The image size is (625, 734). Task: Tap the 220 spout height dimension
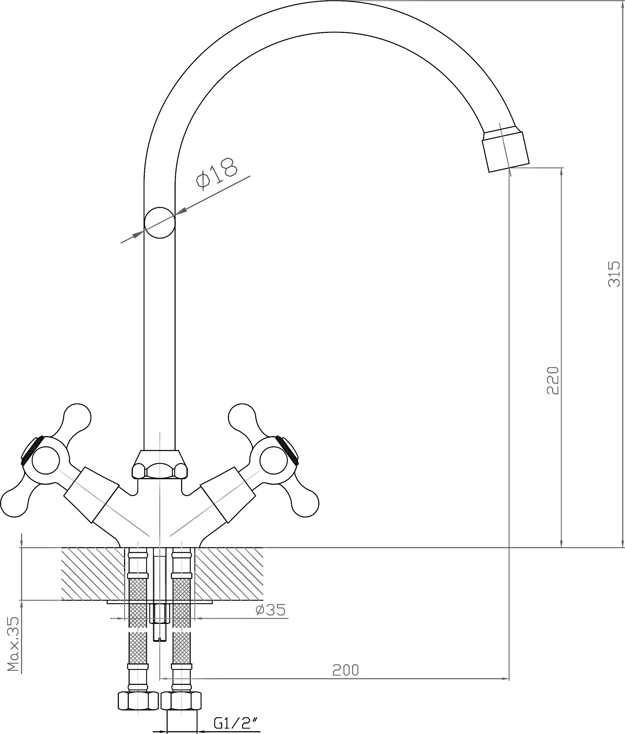click(553, 380)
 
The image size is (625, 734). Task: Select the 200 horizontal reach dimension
click(345, 670)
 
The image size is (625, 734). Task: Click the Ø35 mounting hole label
click(270, 610)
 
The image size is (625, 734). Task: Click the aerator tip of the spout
click(506, 151)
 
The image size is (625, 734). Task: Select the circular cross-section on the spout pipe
click(160, 223)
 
